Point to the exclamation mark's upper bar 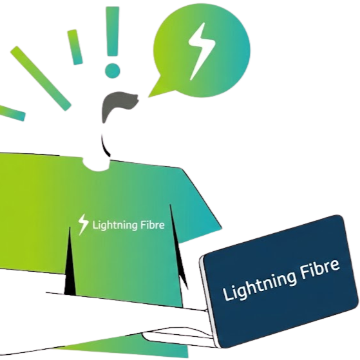pos(115,28)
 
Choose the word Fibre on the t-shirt pos(152,225)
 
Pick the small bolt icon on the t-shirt pos(83,223)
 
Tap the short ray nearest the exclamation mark pos(75,46)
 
